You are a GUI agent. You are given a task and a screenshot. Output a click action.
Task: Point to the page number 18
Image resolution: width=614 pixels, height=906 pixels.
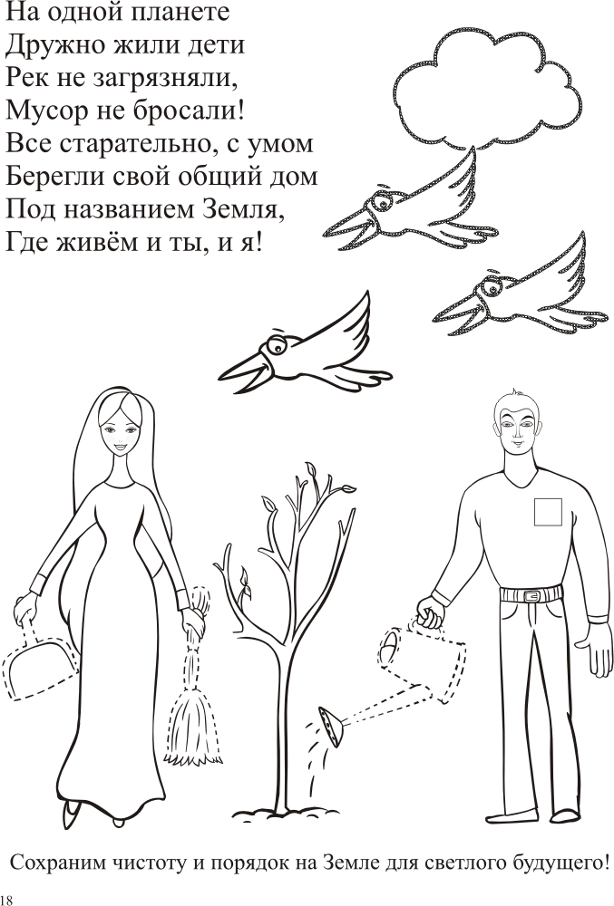(x=6, y=900)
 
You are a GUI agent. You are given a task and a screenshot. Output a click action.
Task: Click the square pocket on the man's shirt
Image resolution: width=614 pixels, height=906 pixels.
(x=548, y=511)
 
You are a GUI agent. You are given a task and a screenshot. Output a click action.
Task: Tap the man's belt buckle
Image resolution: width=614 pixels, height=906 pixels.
(x=532, y=594)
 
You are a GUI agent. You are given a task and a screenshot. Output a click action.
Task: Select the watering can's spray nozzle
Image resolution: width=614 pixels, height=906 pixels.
(x=331, y=727)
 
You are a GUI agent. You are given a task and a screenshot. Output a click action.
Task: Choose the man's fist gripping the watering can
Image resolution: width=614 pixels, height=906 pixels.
(x=430, y=613)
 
